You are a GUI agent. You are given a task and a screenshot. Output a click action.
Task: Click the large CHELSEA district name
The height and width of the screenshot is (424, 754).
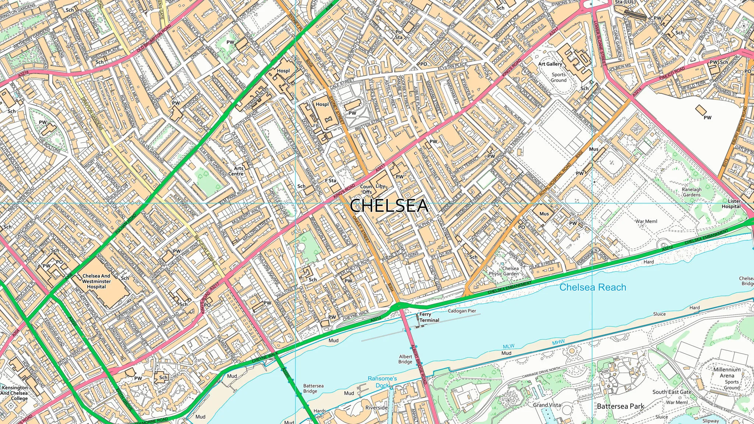(389, 205)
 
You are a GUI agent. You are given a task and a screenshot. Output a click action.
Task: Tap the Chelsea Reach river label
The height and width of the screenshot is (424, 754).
(592, 287)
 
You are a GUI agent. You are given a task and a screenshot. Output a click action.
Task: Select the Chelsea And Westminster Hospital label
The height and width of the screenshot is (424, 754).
(96, 281)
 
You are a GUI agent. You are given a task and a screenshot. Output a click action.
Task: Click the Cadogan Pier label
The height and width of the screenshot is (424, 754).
(462, 311)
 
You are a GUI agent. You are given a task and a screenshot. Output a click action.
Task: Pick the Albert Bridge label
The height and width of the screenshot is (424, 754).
(405, 359)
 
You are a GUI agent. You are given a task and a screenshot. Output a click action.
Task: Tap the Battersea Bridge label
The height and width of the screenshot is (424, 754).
(313, 388)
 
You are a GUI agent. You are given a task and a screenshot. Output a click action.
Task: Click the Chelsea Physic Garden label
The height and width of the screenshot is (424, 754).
(504, 271)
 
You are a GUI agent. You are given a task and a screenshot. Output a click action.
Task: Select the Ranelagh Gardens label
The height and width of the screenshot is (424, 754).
(691, 192)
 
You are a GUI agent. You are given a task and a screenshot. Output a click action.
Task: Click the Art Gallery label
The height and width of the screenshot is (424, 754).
(550, 64)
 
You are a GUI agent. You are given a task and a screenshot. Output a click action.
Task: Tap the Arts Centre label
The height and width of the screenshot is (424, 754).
(236, 171)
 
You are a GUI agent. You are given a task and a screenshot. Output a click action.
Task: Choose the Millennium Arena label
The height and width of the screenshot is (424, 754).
(727, 372)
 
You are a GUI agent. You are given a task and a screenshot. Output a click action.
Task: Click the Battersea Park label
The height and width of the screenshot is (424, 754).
(620, 406)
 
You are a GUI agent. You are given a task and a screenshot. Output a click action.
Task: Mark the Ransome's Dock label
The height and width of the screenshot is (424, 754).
(382, 382)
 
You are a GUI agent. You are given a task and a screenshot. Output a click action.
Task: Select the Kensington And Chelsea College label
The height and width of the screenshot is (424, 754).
(14, 393)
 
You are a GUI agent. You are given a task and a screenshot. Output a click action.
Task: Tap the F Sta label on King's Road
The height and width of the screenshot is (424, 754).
(330, 181)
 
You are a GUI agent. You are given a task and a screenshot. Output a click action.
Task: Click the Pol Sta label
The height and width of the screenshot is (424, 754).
(399, 35)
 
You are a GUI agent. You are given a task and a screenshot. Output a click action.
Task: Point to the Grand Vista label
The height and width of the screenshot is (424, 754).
(547, 405)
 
